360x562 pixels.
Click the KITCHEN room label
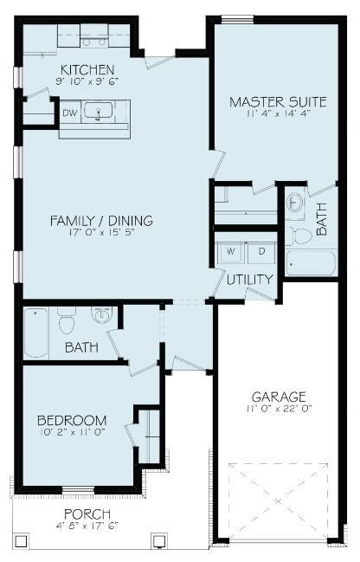87,70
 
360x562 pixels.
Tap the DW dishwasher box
69,112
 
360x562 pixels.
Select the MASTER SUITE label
278,102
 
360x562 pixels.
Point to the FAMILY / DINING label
101,221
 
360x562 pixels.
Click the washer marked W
231,252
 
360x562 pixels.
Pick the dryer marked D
261,252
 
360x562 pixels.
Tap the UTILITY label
250,280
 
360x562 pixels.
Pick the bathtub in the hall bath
36,333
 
